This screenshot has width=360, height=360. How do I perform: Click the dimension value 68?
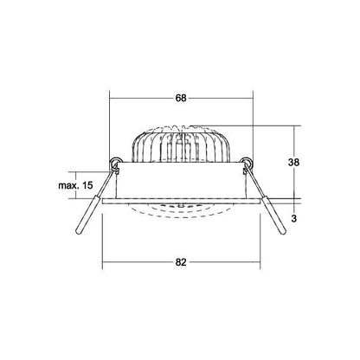(181, 98)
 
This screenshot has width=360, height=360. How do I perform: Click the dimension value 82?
(181, 262)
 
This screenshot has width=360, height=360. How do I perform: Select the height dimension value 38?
(293, 163)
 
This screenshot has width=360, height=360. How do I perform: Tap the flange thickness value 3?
(294, 219)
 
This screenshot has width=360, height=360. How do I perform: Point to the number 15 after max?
(87, 185)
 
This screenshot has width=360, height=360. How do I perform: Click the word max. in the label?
(69, 185)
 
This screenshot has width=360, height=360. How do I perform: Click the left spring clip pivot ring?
(116, 163)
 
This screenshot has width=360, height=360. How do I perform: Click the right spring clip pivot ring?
(247, 163)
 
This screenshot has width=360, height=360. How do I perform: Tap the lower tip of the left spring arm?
(78, 233)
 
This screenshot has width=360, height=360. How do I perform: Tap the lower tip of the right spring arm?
(283, 232)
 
